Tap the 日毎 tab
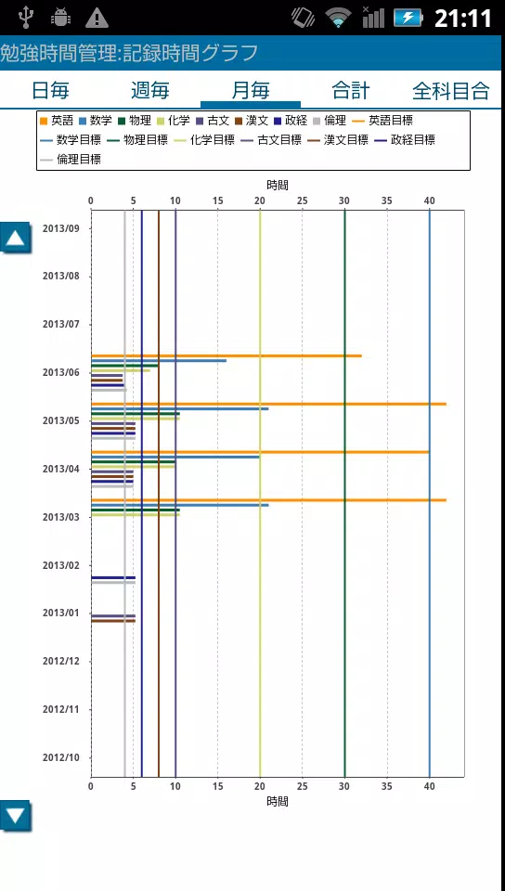click(x=50, y=90)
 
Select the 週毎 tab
click(x=150, y=90)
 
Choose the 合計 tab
click(x=351, y=90)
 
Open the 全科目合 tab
click(x=451, y=90)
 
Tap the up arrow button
click(x=16, y=238)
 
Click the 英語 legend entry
click(x=58, y=121)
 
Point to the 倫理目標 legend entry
click(x=71, y=160)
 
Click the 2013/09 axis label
click(x=60, y=228)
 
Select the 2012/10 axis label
click(x=60, y=757)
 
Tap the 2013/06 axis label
click(x=60, y=373)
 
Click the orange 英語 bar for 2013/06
click(x=227, y=355)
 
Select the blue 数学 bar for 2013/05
click(x=180, y=408)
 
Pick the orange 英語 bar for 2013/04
click(x=260, y=452)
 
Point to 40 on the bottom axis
click(x=430, y=787)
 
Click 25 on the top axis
click(x=303, y=200)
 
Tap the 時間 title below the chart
click(x=278, y=801)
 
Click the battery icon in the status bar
click(x=408, y=18)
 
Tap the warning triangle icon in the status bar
click(x=97, y=19)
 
